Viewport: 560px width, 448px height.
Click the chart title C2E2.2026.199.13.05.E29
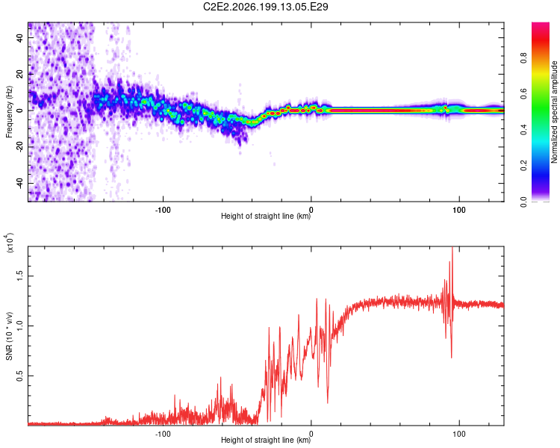(x=265, y=7)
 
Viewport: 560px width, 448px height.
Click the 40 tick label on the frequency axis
(x=20, y=37)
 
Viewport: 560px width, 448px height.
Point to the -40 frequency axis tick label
(x=20, y=183)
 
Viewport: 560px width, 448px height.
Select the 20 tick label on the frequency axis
(x=20, y=74)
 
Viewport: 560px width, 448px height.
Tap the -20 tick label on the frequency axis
(x=20, y=147)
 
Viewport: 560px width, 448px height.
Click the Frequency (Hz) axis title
(x=9, y=112)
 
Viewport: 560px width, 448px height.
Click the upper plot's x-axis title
(x=266, y=216)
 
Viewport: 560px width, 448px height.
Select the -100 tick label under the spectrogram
(x=163, y=210)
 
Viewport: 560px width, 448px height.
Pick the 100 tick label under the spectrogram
(x=459, y=210)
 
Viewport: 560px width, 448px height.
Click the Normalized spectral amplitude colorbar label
(x=554, y=112)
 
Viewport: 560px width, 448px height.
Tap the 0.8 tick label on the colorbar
(x=523, y=58)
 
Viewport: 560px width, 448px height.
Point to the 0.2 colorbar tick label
(x=523, y=166)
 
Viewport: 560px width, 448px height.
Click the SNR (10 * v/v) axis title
(x=9, y=336)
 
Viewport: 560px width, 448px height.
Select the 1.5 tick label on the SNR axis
(x=20, y=276)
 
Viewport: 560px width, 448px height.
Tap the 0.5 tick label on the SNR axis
(x=20, y=376)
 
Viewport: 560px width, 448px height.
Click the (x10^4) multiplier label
(x=9, y=243)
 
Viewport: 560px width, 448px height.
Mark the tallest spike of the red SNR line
(x=452, y=247)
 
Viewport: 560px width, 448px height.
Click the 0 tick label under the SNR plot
(x=311, y=434)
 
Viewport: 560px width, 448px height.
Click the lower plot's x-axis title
(x=266, y=440)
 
